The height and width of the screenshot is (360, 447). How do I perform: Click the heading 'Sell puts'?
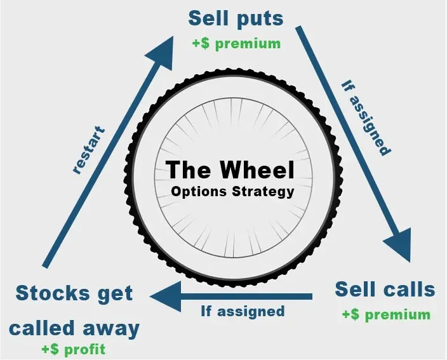coord(236,18)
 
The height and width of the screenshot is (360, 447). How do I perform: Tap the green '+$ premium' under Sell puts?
coord(236,44)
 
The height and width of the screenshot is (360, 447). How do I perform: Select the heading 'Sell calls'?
coord(385,290)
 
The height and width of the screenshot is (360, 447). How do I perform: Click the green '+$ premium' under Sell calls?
coord(385,314)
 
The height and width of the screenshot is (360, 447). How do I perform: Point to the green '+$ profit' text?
coord(73,349)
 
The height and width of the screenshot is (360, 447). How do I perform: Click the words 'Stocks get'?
coord(74,294)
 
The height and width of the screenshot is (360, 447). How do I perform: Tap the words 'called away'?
coord(74,328)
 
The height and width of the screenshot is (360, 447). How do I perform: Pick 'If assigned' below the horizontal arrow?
coord(243,311)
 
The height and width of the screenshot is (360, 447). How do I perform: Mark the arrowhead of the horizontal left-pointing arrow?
coord(163,296)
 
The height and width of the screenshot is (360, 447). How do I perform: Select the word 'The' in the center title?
coord(189,171)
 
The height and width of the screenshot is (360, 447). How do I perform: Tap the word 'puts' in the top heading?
coord(260,18)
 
